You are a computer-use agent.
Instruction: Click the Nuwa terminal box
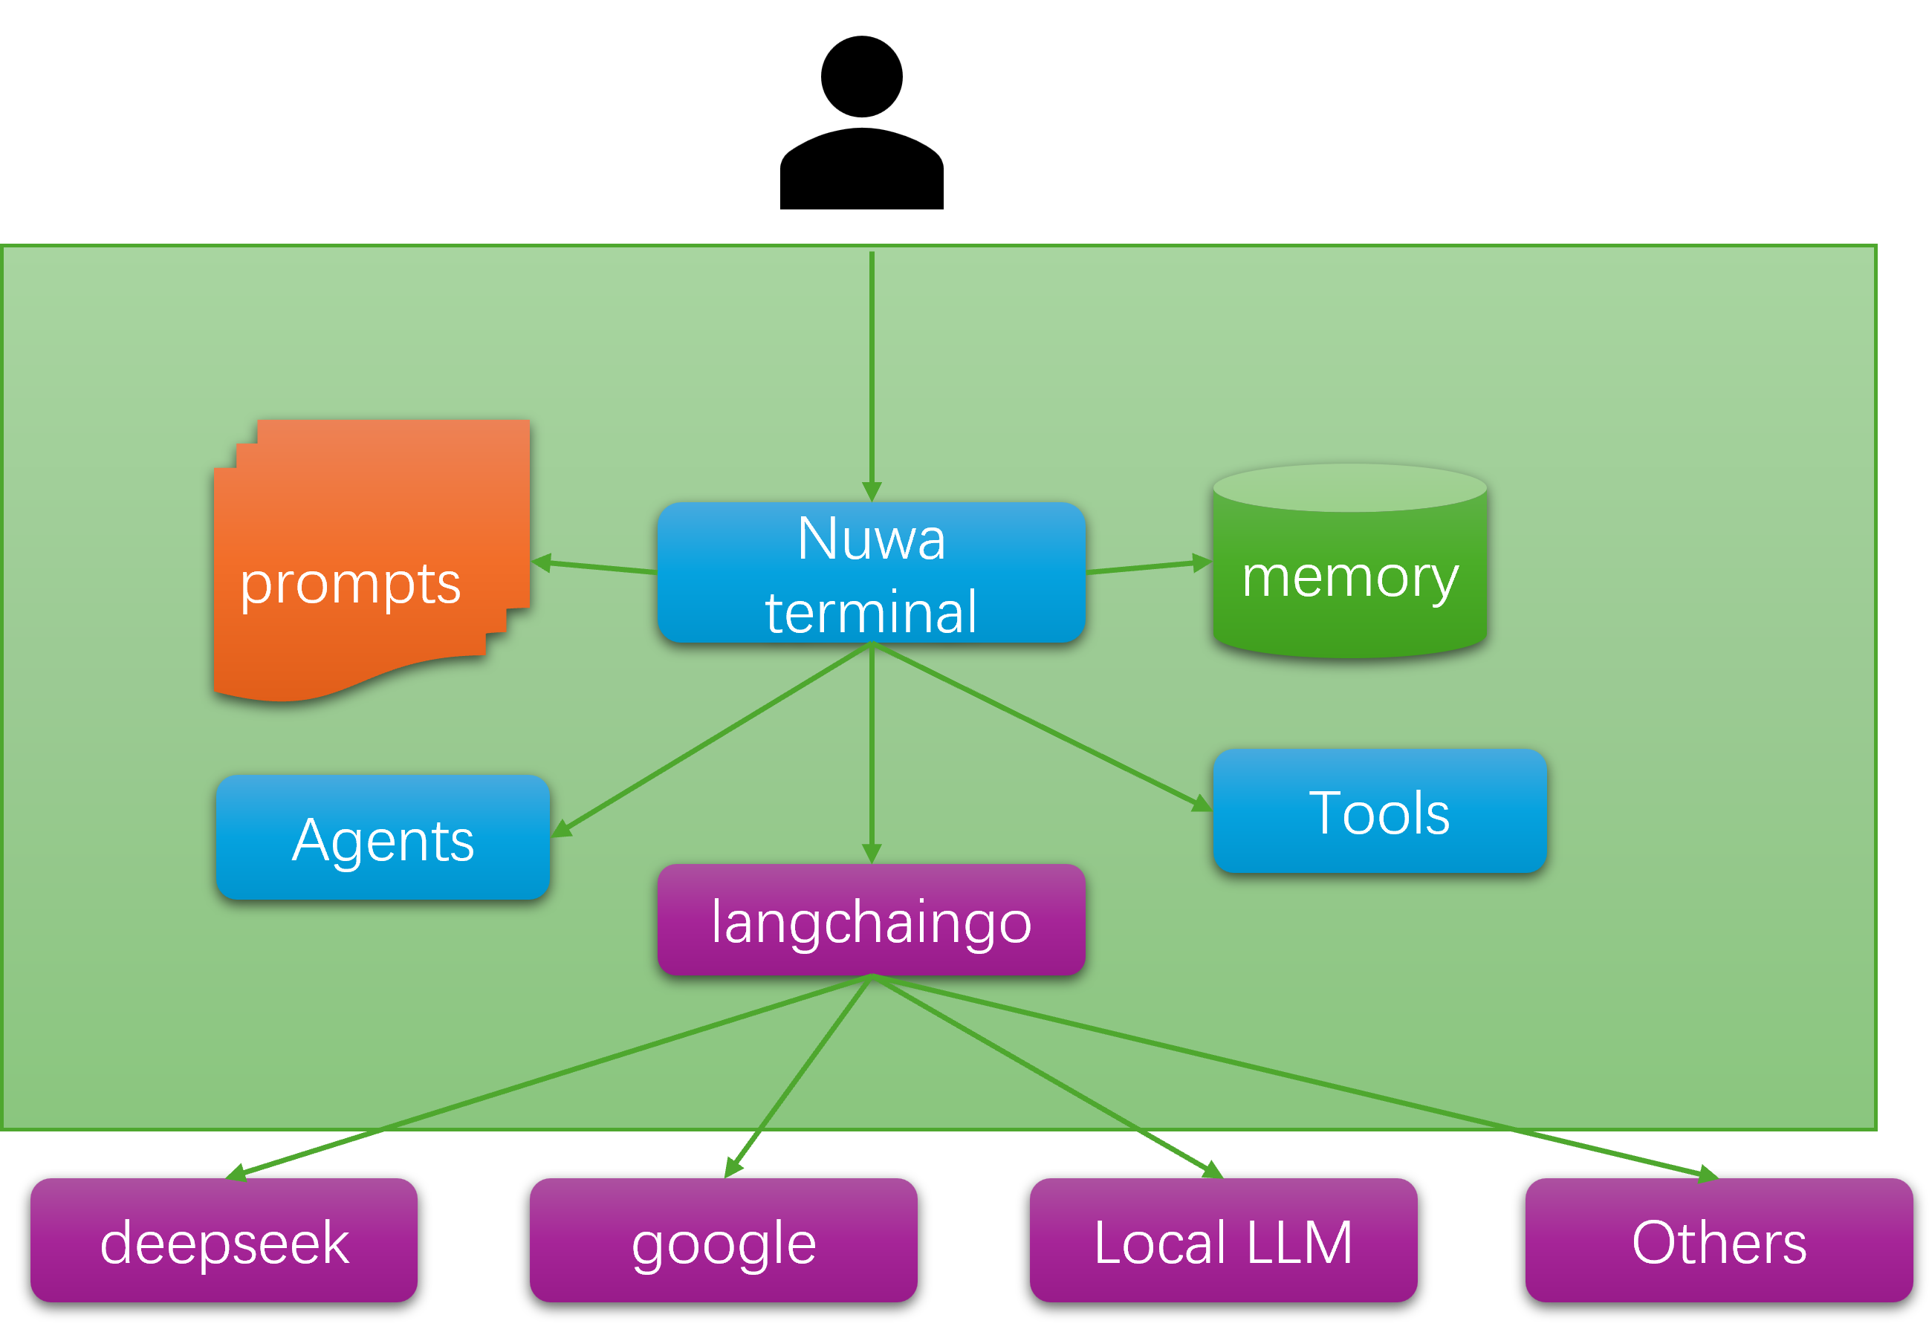871,573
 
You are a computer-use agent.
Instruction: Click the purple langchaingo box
871,920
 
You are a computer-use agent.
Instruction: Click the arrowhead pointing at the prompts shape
542,563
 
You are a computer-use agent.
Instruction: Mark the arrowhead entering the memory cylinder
1202,563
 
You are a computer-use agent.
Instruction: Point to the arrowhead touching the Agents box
561,828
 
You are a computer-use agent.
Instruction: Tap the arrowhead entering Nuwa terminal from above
872,492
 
